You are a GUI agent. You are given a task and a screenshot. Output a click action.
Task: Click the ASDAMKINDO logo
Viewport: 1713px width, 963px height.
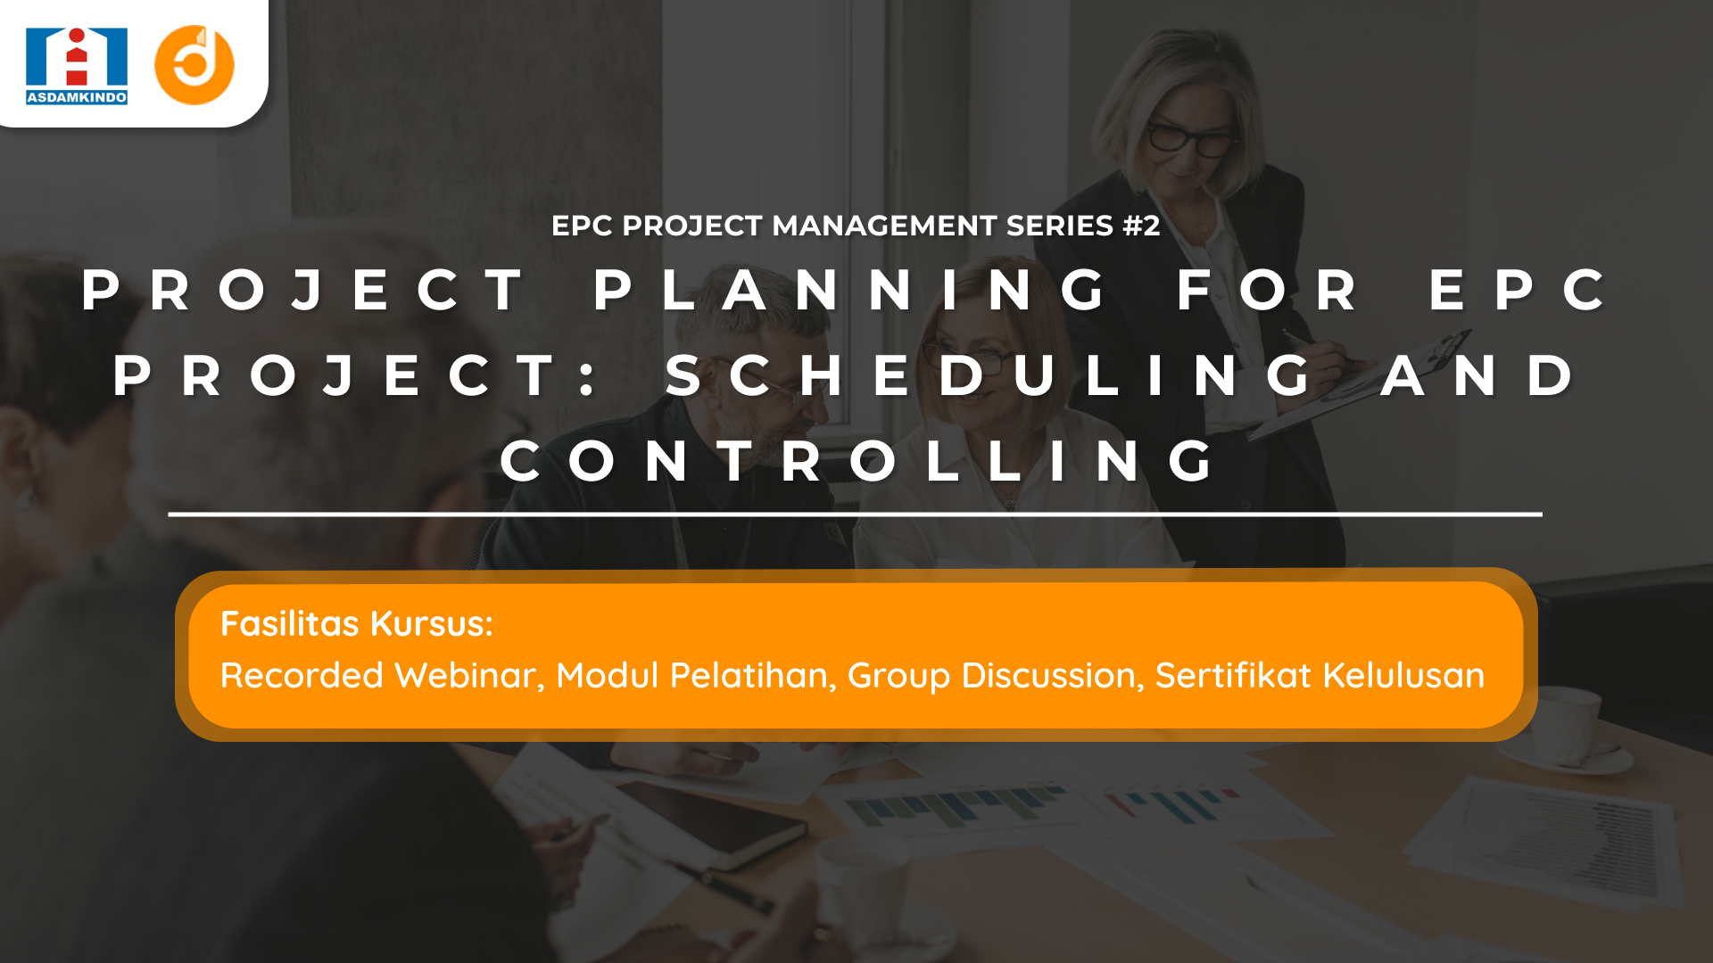77,66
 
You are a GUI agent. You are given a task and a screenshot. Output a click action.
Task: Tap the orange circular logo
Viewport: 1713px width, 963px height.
194,65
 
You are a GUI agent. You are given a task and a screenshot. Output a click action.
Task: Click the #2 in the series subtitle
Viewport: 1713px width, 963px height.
1141,226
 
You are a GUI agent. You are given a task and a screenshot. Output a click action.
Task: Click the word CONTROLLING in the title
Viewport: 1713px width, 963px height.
857,461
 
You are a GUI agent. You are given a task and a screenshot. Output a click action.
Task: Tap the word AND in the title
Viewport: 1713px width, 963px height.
1478,375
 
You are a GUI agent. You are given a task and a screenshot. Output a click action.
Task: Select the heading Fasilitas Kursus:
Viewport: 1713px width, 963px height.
357,624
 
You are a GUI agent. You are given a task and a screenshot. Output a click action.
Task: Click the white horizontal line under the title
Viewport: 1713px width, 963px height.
855,514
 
